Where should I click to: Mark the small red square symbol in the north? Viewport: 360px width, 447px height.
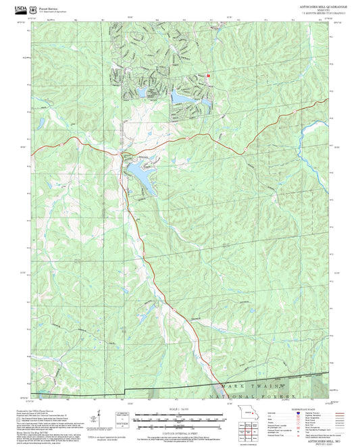[209, 76]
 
